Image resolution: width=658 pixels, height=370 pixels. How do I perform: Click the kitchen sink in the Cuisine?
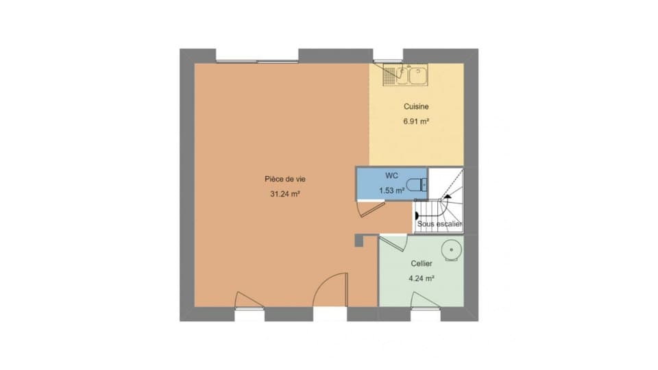click(405, 75)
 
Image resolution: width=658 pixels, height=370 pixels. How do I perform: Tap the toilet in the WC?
click(417, 184)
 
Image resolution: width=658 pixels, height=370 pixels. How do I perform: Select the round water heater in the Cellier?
click(452, 251)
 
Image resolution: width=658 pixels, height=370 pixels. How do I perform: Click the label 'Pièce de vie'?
click(285, 179)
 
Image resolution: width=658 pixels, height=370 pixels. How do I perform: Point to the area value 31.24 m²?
click(285, 194)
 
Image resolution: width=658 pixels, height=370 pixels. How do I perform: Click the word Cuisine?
click(416, 107)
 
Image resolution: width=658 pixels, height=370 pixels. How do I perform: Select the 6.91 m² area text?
click(416, 122)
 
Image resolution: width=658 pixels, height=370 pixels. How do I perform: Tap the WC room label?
click(391, 175)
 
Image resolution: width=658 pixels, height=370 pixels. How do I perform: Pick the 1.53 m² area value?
click(391, 190)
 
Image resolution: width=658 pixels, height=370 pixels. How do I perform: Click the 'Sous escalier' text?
click(439, 224)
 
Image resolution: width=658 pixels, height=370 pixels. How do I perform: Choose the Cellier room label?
click(422, 263)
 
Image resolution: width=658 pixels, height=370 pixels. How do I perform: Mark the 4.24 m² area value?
click(422, 278)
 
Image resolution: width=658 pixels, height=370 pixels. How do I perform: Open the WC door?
click(371, 208)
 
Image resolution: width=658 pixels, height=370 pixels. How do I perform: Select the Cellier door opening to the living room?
click(393, 243)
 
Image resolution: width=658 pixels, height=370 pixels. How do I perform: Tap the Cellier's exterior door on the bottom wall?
click(425, 299)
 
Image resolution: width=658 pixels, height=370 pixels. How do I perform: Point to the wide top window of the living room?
click(257, 61)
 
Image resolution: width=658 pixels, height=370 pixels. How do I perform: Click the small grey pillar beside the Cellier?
click(359, 241)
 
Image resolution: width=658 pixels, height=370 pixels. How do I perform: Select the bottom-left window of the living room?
click(249, 309)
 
